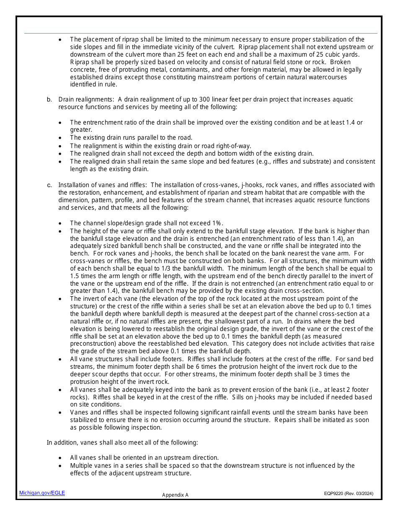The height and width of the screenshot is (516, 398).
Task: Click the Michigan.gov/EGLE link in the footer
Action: [42, 493]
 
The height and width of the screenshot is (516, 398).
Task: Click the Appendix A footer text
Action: [175, 495]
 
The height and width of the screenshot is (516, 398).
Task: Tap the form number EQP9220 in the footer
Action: [333, 494]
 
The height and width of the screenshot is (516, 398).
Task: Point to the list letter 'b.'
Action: [49, 99]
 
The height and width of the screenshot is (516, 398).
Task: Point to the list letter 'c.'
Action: [49, 185]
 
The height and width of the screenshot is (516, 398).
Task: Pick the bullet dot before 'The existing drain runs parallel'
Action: [60, 138]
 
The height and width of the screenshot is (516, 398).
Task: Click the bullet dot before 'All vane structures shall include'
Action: [60, 360]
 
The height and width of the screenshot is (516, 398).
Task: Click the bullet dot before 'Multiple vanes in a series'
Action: [60, 466]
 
